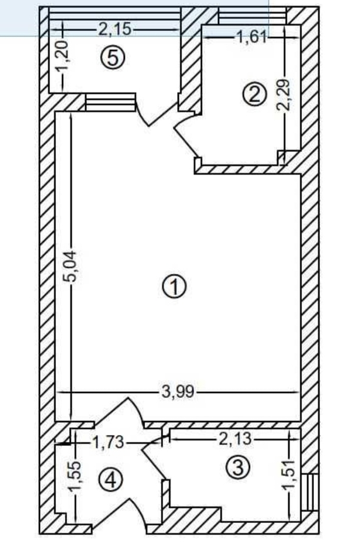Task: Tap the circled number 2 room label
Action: (255, 93)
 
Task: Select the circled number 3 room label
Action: (239, 467)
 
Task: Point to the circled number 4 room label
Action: (111, 480)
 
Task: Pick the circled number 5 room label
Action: (113, 58)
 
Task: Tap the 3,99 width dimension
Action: (178, 393)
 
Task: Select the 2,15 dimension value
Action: (115, 30)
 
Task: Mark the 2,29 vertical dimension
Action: (284, 95)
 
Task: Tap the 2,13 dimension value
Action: (235, 439)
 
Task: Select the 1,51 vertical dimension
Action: (289, 475)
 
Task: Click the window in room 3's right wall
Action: (310, 492)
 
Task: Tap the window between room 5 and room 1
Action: (110, 102)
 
